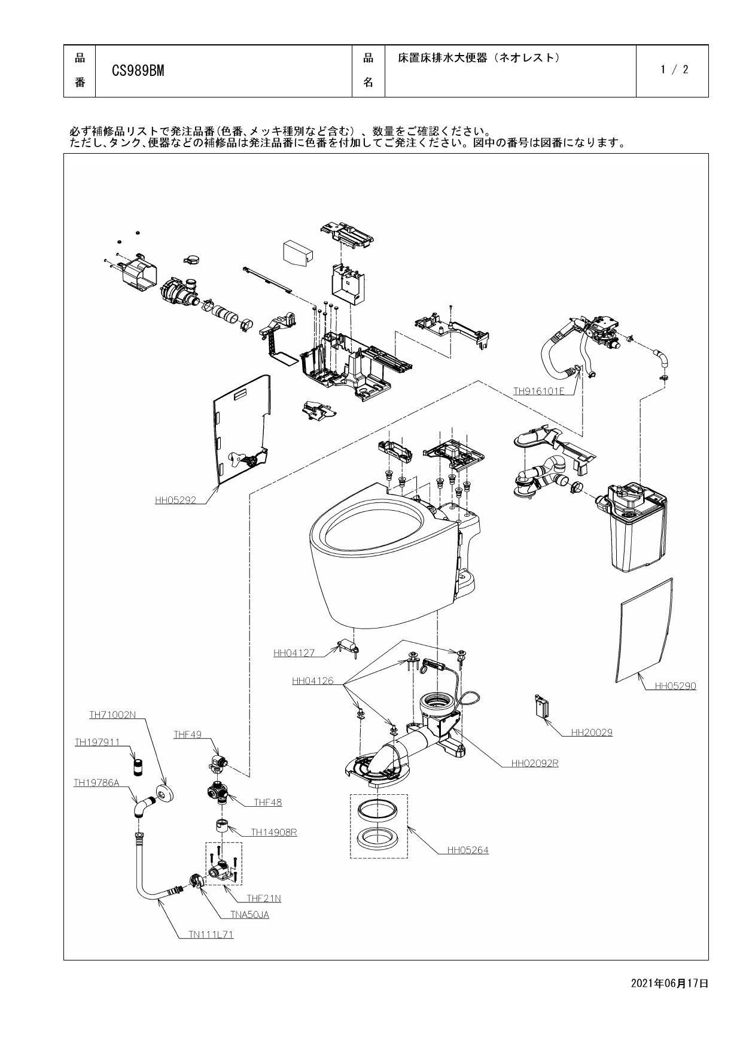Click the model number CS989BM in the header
(x=138, y=71)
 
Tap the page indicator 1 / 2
(x=674, y=70)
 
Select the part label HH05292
(x=175, y=501)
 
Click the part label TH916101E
(x=538, y=392)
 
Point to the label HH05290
(x=675, y=686)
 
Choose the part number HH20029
(x=592, y=732)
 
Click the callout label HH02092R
(x=534, y=764)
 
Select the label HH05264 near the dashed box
(x=468, y=850)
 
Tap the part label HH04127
(x=294, y=654)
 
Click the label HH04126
(x=312, y=681)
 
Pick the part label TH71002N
(x=112, y=715)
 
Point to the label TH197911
(x=97, y=742)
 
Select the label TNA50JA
(x=249, y=914)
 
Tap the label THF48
(x=267, y=803)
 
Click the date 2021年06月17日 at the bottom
(x=669, y=983)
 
